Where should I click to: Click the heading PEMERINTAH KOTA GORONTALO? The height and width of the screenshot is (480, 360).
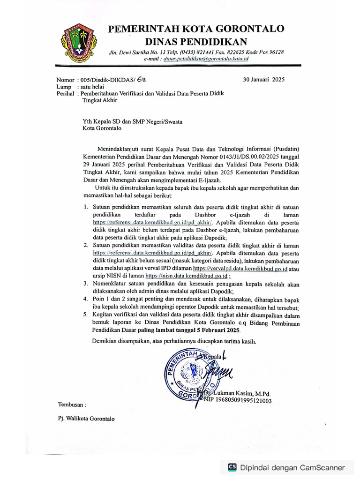(196, 29)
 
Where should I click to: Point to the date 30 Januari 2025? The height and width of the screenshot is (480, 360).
(263, 79)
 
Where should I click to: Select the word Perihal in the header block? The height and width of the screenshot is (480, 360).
(65, 93)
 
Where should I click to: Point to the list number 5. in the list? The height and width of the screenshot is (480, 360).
(86, 315)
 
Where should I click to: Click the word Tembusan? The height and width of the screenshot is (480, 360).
(72, 404)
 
